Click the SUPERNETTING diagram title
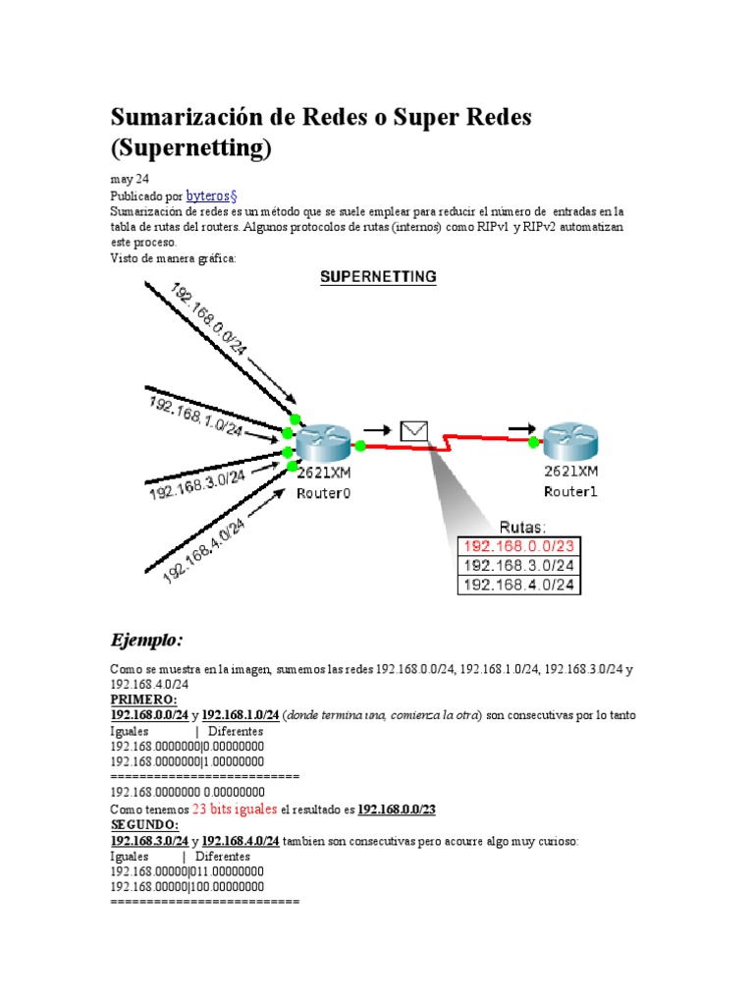[378, 277]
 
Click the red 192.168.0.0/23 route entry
[519, 546]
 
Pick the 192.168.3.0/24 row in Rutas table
[519, 566]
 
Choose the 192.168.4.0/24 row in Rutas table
[519, 586]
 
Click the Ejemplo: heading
[146, 641]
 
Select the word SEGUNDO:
[144, 825]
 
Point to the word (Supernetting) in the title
[188, 149]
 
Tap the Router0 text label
[324, 493]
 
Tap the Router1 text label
[571, 490]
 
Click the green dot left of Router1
[533, 443]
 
